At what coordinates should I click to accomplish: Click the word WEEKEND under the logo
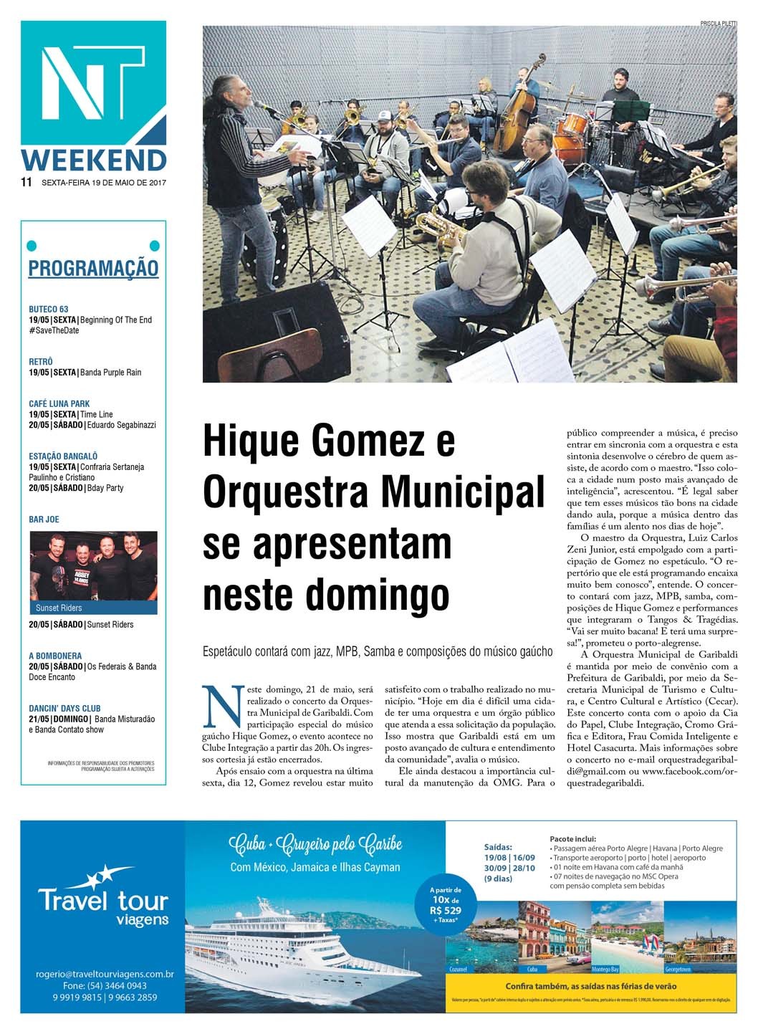[x=94, y=161]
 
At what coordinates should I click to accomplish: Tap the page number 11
[x=27, y=182]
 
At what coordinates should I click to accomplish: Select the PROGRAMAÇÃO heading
[x=93, y=269]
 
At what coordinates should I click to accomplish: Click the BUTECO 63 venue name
[x=49, y=310]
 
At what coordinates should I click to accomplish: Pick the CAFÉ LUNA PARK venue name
[x=59, y=403]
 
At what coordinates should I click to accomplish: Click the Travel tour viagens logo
[x=102, y=899]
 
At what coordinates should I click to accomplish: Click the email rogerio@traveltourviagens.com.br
[x=105, y=974]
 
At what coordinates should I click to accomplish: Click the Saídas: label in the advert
[x=499, y=846]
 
